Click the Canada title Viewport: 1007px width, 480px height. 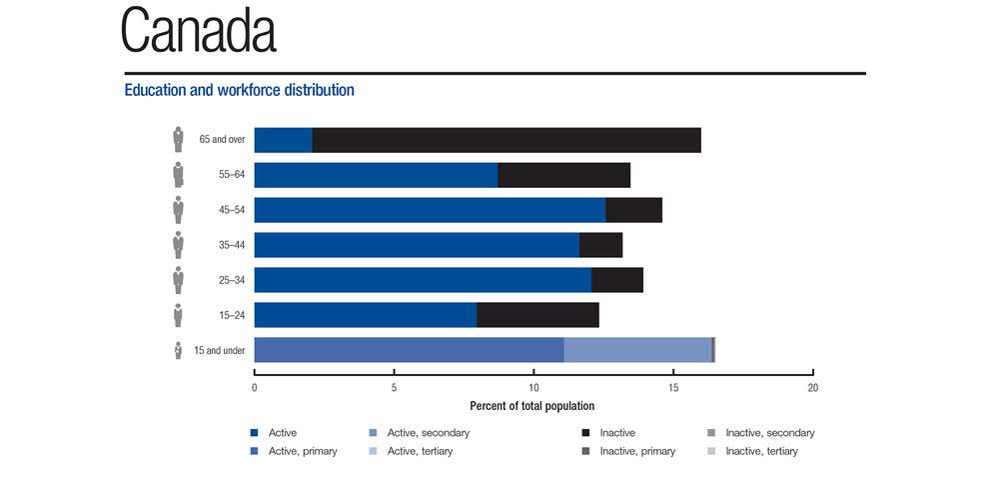pyautogui.click(x=198, y=32)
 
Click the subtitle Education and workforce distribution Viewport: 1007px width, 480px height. pyautogui.click(x=239, y=90)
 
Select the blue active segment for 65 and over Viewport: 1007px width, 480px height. pyautogui.click(x=283, y=140)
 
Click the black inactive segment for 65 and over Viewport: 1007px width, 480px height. pyautogui.click(x=506, y=140)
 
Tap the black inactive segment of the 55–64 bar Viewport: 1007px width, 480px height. pyautogui.click(x=563, y=175)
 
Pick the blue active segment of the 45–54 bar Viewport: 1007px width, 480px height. pyautogui.click(x=430, y=210)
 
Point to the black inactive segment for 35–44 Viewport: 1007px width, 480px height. pyautogui.click(x=600, y=245)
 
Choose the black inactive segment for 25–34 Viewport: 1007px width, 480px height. pyautogui.click(x=616, y=280)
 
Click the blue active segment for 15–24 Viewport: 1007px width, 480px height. pyautogui.click(x=366, y=315)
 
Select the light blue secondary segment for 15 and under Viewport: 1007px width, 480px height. pyautogui.click(x=637, y=350)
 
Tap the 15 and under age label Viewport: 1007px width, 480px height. pyautogui.click(x=220, y=351)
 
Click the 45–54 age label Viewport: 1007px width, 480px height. pyautogui.click(x=232, y=210)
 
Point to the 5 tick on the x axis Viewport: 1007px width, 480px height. pyautogui.click(x=395, y=387)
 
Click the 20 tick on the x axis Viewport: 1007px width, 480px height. pyautogui.click(x=813, y=387)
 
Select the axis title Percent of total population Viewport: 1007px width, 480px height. pyautogui.click(x=531, y=406)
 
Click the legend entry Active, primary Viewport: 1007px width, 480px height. pyautogui.click(x=302, y=452)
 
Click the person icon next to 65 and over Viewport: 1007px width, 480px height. pyautogui.click(x=178, y=139)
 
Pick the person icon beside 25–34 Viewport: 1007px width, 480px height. pyautogui.click(x=178, y=279)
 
